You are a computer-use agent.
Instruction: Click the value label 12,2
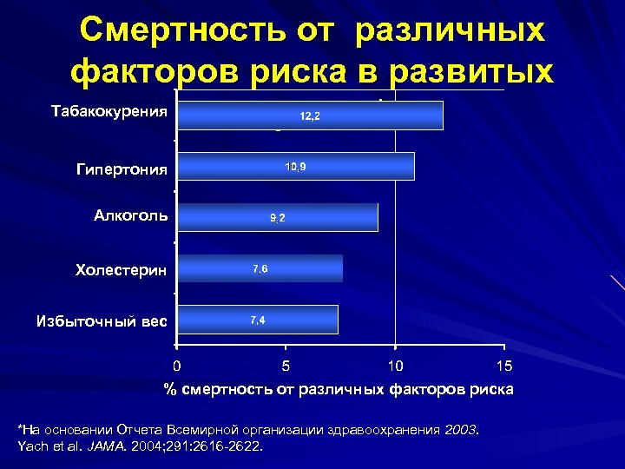[x=310, y=116]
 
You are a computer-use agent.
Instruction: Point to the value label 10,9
[x=295, y=166]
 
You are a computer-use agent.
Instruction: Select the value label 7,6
[x=260, y=269]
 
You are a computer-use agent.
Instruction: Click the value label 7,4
[x=258, y=320]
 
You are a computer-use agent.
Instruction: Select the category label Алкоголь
[x=131, y=215]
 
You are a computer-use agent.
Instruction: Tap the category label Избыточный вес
[x=102, y=321]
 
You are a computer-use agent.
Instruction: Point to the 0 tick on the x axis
[x=176, y=365]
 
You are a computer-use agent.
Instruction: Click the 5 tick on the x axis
[x=286, y=365]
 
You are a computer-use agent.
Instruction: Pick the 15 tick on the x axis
[x=504, y=365]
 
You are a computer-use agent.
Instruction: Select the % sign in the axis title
[x=171, y=389]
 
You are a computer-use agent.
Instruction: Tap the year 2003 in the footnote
[x=460, y=430]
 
